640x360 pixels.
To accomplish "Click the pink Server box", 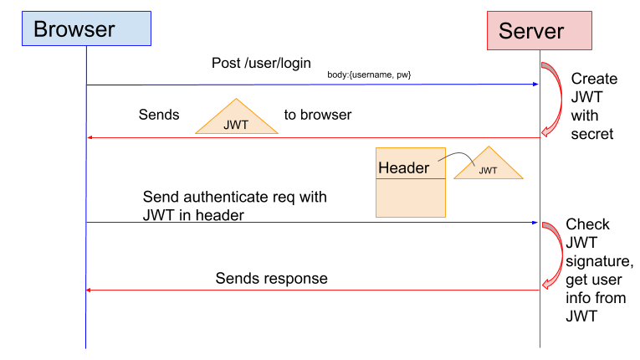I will click(x=540, y=31).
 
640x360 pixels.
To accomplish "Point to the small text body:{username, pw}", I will click(x=369, y=75).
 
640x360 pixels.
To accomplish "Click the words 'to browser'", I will click(x=317, y=115).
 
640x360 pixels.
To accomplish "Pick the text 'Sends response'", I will click(x=271, y=278).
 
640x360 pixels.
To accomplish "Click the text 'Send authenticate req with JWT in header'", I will click(x=234, y=206).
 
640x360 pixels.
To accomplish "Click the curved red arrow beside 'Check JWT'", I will click(x=553, y=255).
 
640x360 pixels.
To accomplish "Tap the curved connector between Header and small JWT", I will click(x=453, y=158).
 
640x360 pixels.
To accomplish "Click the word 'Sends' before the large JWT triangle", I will click(x=159, y=115).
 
